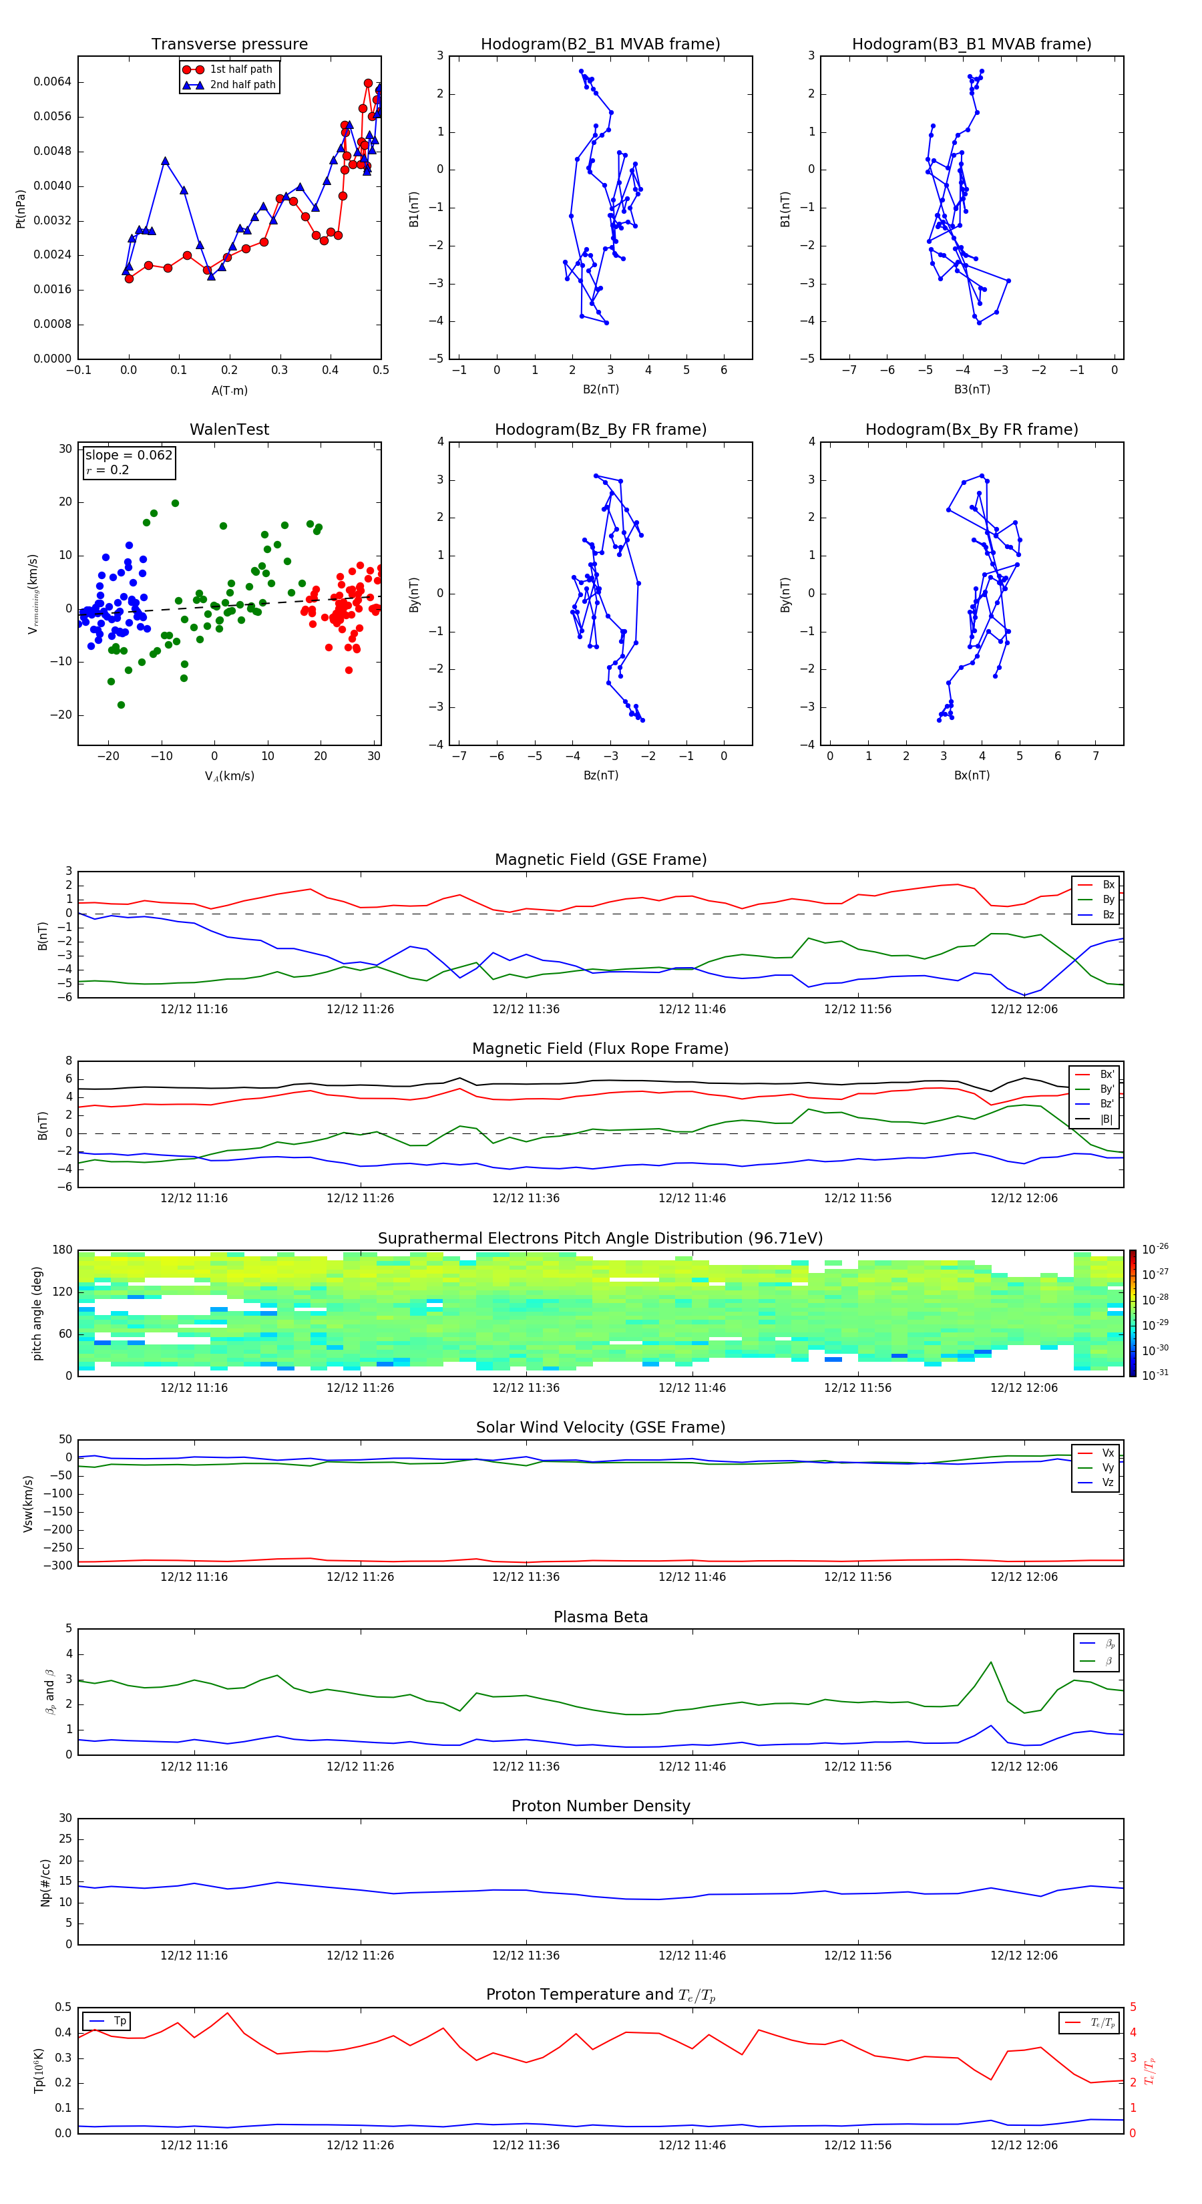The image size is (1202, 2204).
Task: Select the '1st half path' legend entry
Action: (x=240, y=69)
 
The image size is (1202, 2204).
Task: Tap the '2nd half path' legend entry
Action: (x=242, y=85)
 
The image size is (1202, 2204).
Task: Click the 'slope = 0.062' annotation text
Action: (x=128, y=455)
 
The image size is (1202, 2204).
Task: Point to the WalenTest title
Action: (x=229, y=429)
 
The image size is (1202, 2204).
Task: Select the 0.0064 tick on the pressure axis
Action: (x=52, y=82)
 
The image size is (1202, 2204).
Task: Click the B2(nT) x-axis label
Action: (x=600, y=389)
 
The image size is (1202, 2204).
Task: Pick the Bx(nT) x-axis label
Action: (x=971, y=775)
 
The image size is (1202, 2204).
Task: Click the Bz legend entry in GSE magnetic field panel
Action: (x=1107, y=914)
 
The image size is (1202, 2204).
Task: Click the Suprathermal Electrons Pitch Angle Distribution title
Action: (x=600, y=1238)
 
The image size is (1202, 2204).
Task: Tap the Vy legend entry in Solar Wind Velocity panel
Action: (x=1107, y=1467)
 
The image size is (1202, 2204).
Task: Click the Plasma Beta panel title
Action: (x=600, y=1617)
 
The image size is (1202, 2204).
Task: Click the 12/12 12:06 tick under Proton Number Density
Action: (x=1023, y=1955)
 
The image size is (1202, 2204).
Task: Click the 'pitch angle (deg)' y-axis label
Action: (x=37, y=1312)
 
